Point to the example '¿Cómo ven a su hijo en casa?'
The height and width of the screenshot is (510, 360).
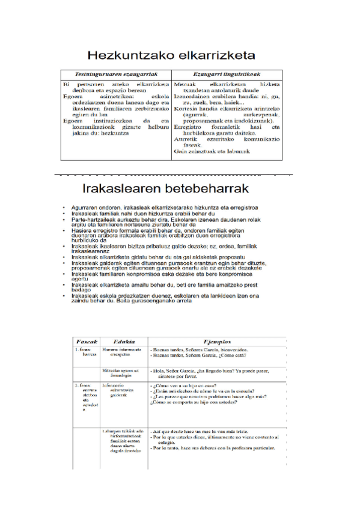click(x=185, y=384)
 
